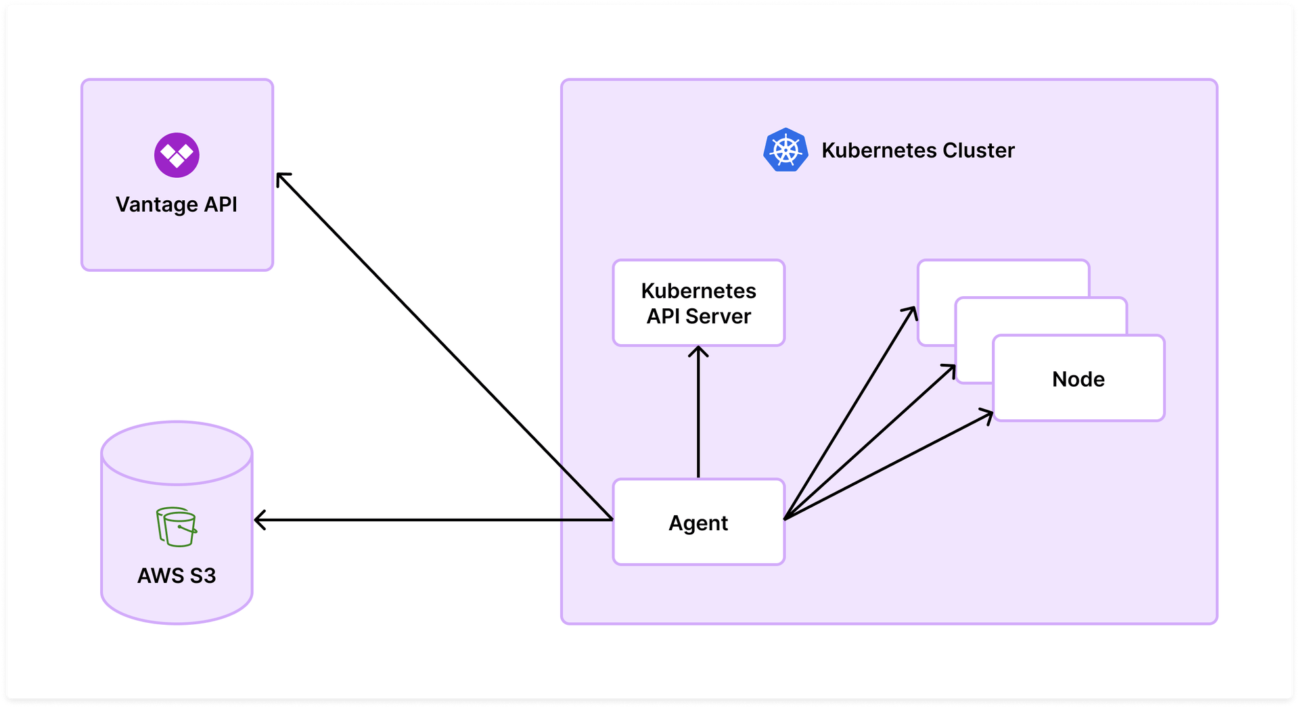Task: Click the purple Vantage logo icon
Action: tap(177, 155)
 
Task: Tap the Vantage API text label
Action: tap(177, 204)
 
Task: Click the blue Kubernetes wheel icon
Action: tap(785, 149)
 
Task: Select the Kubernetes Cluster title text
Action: tap(917, 150)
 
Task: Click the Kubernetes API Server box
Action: tap(698, 303)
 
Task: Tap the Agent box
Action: tap(698, 522)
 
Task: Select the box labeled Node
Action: tap(1078, 379)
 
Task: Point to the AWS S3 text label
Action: tap(177, 575)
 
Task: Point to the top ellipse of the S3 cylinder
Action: tap(177, 453)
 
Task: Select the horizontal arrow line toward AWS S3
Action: tap(433, 520)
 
